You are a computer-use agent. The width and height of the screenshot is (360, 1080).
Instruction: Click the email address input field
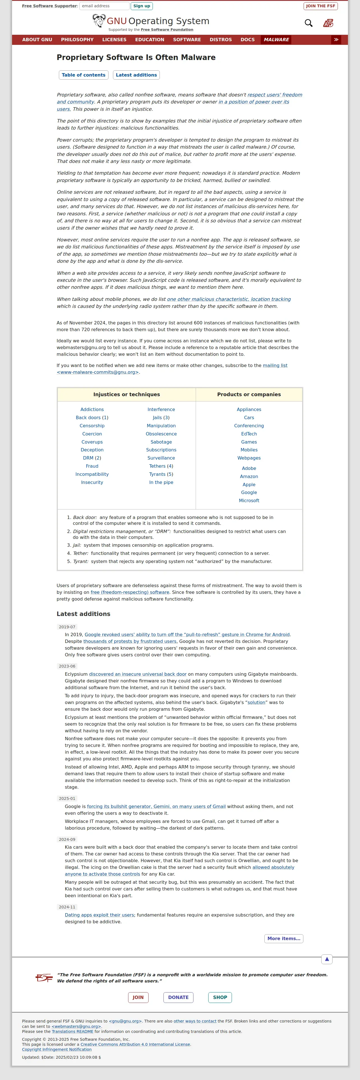point(104,6)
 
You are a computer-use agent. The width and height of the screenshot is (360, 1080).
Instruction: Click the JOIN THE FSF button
point(320,6)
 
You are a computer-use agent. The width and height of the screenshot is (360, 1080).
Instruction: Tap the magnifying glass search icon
point(308,23)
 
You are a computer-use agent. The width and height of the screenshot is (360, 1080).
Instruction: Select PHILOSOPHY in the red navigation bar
point(77,40)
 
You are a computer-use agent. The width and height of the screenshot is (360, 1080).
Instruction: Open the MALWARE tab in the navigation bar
point(276,40)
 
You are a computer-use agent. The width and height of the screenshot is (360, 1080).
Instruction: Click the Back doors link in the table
point(88,417)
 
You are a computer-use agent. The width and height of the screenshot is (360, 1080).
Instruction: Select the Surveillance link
point(161,458)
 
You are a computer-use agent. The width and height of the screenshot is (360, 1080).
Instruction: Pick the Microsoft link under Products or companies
point(249,500)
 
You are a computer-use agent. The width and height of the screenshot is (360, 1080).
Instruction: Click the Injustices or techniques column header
point(126,394)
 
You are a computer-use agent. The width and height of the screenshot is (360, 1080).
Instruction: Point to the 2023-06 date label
point(67,666)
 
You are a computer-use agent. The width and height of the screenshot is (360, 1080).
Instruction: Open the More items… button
point(284,939)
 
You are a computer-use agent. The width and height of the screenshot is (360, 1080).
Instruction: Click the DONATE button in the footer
point(178,997)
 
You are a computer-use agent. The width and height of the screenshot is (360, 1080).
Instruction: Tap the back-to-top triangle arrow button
point(327,959)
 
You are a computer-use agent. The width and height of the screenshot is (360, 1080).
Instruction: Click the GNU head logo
point(99,20)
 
